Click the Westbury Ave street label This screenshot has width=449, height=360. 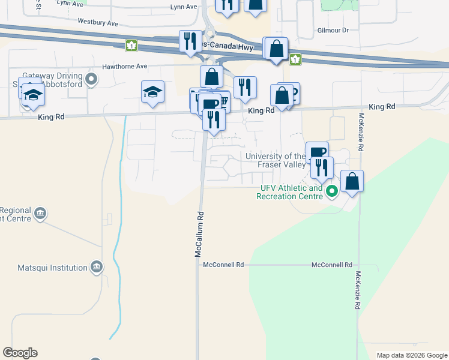point(98,22)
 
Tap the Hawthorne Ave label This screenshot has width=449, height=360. point(124,67)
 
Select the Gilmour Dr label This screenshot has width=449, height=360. point(333,30)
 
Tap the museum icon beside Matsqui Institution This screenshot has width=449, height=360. point(96,266)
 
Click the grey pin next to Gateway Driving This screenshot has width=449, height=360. point(91,78)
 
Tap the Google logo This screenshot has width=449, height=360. point(20,353)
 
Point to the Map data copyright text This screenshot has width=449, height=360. point(411,355)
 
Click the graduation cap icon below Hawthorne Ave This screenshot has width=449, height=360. point(152,92)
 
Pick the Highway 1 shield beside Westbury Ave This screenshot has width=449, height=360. point(131,45)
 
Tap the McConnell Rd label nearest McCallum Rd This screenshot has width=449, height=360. point(223,265)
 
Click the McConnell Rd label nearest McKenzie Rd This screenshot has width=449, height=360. point(332,265)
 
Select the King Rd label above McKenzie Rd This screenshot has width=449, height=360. point(382,106)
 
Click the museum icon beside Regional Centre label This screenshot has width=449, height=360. point(40,213)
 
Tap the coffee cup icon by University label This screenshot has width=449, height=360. point(317,152)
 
